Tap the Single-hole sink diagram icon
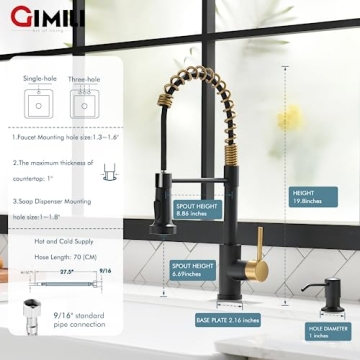click(38, 106)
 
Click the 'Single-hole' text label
click(39, 79)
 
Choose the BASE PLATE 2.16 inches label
click(227, 320)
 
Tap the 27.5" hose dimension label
click(68, 271)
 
